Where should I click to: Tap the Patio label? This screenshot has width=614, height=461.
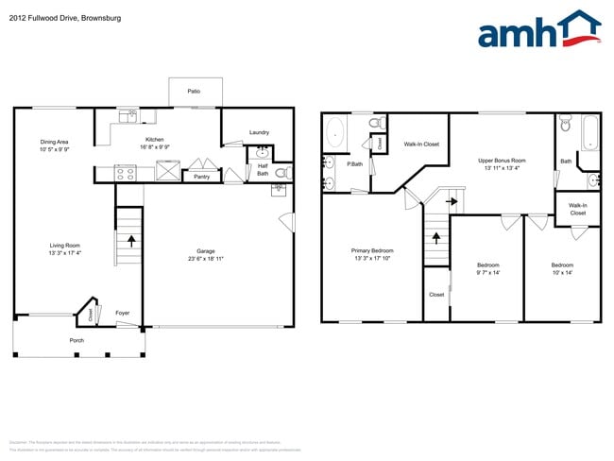tap(194, 92)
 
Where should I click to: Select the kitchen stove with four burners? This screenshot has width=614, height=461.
tap(126, 172)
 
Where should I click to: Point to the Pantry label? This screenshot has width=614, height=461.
tap(201, 177)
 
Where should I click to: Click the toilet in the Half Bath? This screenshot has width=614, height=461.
tap(281, 173)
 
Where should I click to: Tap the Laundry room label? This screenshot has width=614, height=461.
tap(260, 132)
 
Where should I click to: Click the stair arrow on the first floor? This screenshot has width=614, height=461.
tap(130, 240)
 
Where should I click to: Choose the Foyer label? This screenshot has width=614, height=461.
tap(123, 314)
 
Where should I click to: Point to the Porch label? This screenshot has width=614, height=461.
tap(77, 340)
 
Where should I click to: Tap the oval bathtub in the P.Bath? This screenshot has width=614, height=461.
tap(335, 133)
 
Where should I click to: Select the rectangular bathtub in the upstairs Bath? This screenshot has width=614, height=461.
tap(589, 132)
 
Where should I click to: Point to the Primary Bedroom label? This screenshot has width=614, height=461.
tap(373, 250)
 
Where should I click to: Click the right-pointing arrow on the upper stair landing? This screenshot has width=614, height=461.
tap(452, 200)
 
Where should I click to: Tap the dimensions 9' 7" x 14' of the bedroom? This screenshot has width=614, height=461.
tap(487, 272)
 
